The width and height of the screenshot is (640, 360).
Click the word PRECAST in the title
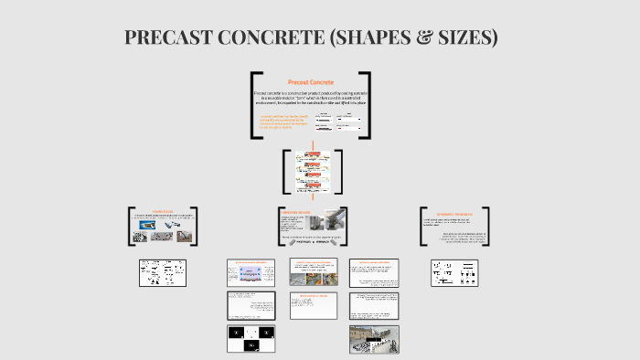[165, 37]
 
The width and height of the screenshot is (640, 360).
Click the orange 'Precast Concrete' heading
[311, 82]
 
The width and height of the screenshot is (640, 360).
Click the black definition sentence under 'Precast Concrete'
[311, 98]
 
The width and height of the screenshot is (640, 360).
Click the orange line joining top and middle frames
[312, 144]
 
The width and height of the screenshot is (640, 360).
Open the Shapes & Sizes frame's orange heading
[163, 210]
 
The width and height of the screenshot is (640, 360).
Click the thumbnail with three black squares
[251, 338]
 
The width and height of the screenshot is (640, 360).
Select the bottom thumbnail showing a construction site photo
[374, 338]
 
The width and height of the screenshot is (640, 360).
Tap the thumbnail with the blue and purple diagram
[251, 272]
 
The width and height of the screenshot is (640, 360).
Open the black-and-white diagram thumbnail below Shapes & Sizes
[163, 272]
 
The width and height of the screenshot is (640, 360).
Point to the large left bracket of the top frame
[255, 105]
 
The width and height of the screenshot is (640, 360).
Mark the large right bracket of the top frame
[366, 105]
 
